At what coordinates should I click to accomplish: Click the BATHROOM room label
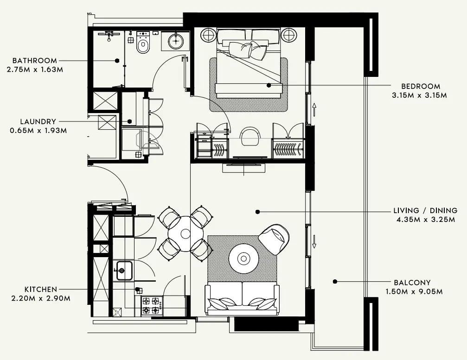coord(35,61)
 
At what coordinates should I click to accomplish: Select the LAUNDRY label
coord(38,122)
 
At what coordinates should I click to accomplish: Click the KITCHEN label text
coord(42,289)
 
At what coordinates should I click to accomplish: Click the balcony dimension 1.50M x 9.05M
coord(414,291)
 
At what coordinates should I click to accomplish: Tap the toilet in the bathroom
coord(143,45)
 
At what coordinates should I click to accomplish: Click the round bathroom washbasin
coord(176,41)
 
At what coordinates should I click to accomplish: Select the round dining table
coord(186,234)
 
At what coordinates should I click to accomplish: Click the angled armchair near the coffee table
coord(275,239)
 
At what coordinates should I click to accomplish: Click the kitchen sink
coord(124,270)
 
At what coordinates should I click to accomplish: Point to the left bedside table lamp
coord(209,35)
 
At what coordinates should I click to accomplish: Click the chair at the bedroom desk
coord(250,136)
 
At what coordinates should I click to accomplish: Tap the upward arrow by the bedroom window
coord(314,110)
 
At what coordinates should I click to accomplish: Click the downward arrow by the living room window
coord(314,240)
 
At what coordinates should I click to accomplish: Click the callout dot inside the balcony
coord(335,281)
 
